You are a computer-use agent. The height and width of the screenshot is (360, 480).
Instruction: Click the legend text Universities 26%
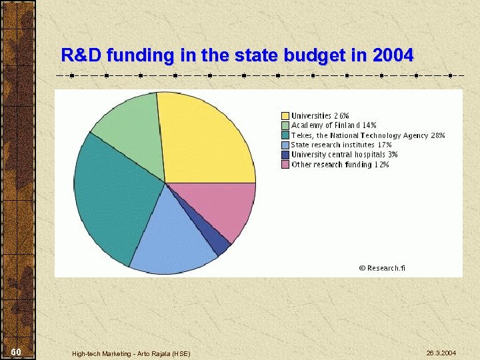[x=320, y=116]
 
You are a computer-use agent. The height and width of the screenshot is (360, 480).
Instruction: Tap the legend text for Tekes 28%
[x=367, y=135]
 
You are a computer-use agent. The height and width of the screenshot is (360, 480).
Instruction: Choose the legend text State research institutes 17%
[x=341, y=145]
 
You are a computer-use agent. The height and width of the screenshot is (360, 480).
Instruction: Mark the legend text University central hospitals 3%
[x=344, y=155]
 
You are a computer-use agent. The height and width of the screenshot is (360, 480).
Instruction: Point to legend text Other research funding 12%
[x=340, y=165]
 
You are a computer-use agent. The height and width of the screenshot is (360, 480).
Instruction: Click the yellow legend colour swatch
[x=285, y=116]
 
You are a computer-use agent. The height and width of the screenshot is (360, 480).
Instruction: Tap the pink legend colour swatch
[x=285, y=165]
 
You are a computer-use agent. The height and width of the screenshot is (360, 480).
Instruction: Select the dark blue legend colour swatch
[x=285, y=155]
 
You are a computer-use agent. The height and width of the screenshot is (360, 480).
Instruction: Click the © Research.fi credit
[x=381, y=268]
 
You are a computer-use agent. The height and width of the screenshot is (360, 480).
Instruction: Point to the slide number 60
[x=17, y=351]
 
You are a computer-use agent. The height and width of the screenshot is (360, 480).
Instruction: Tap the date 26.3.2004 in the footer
[x=441, y=352]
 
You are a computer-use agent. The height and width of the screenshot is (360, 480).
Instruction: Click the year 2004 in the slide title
[x=393, y=55]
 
